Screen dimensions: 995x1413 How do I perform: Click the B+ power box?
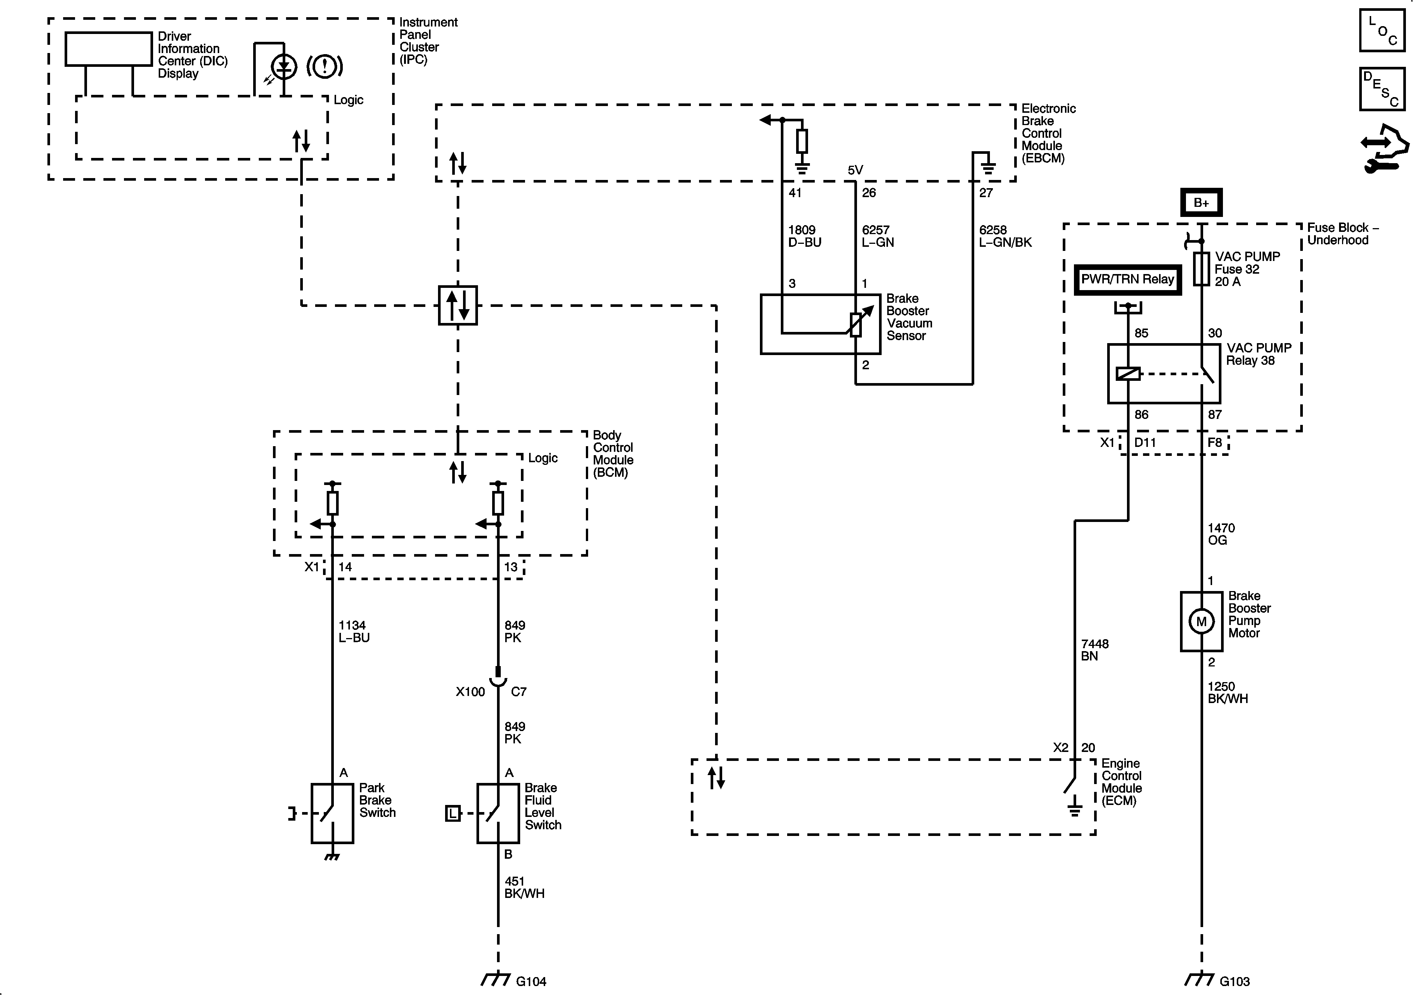(1201, 202)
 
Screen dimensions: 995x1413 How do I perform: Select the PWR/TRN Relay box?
(1127, 279)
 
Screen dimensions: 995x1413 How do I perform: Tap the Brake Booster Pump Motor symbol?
(1201, 622)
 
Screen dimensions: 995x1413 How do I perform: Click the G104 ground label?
(531, 981)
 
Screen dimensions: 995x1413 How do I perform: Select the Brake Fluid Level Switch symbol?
(498, 812)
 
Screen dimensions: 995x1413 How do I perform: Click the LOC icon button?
(1382, 29)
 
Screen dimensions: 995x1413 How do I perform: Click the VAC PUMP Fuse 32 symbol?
(1201, 269)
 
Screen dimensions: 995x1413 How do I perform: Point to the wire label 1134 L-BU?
(354, 631)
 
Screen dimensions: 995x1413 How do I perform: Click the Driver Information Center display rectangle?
(108, 49)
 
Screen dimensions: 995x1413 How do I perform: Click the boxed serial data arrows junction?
(457, 305)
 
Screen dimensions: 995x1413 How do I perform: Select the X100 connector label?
(470, 691)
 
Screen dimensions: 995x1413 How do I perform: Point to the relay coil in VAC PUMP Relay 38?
(1127, 373)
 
